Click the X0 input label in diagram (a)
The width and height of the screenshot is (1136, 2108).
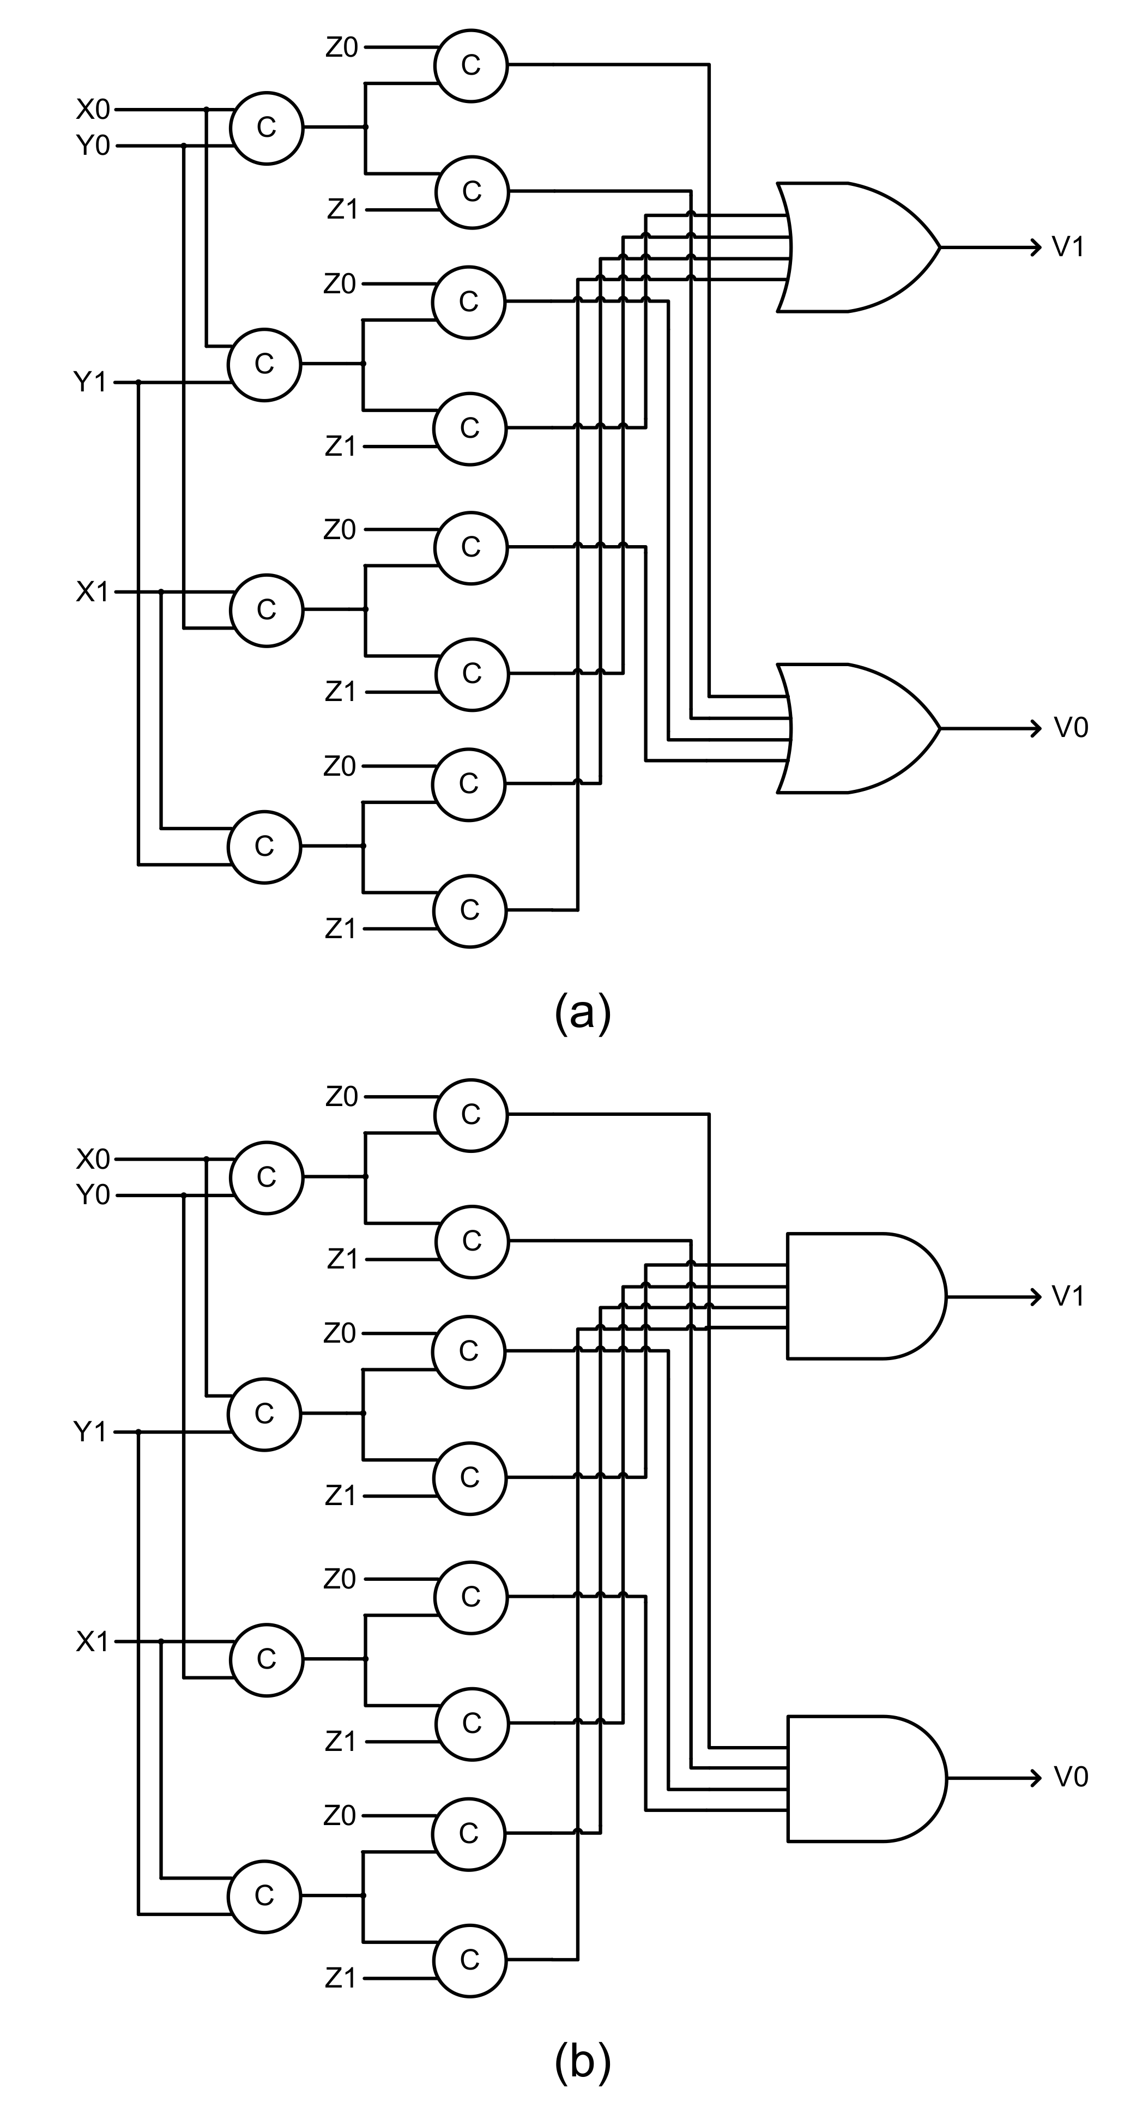coord(93,109)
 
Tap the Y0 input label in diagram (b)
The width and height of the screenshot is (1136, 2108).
coord(93,1195)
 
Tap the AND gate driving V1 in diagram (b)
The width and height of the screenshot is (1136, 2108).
coord(860,1296)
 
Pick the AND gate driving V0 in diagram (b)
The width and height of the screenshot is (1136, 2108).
coord(860,1778)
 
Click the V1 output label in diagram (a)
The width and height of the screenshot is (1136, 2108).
coord(1068,246)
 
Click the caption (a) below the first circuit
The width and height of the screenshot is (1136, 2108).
coord(582,1014)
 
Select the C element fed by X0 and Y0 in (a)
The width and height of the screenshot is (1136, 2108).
coord(267,128)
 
